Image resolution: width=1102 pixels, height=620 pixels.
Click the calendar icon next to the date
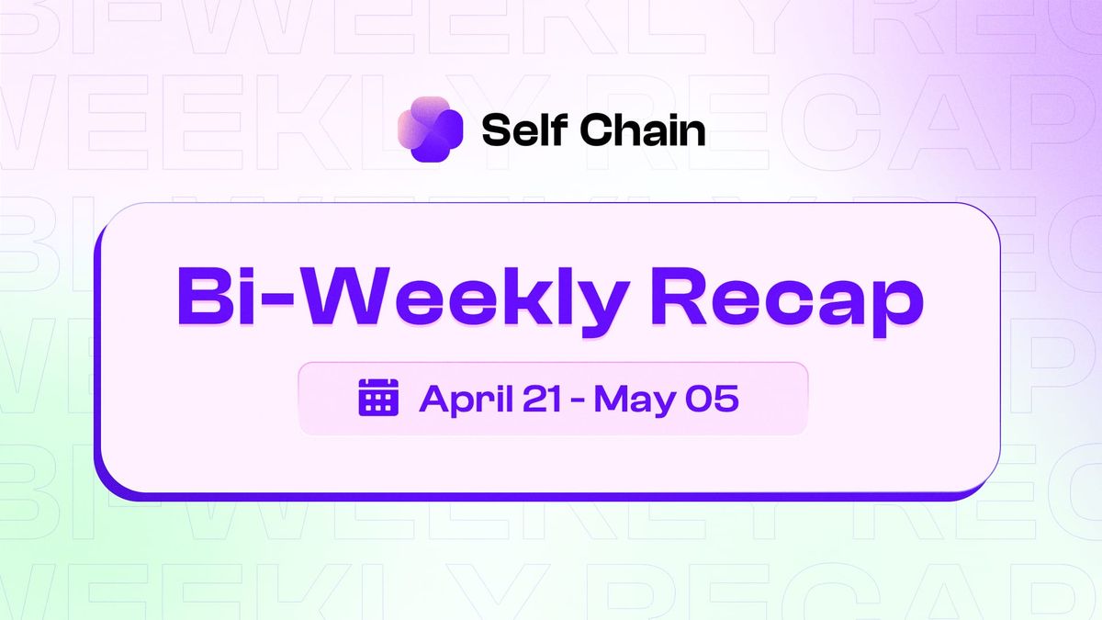(x=377, y=398)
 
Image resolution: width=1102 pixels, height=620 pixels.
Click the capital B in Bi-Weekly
(x=203, y=296)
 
